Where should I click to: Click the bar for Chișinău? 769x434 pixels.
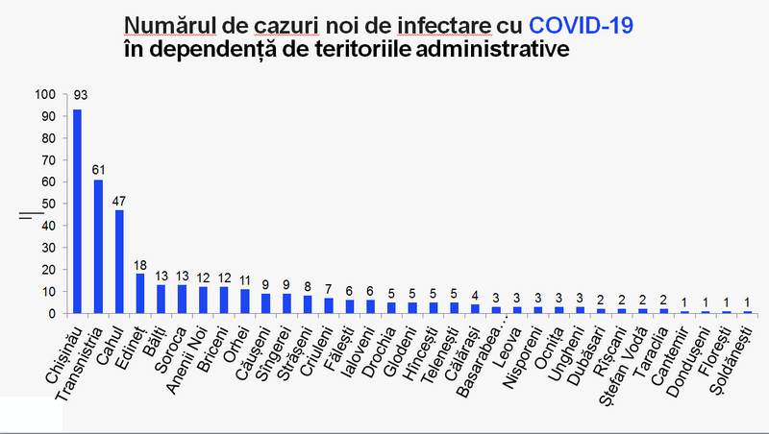pyautogui.click(x=77, y=211)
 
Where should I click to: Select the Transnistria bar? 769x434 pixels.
pyautogui.click(x=98, y=246)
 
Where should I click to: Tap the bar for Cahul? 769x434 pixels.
pyautogui.click(x=119, y=261)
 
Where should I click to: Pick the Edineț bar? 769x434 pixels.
pyautogui.click(x=140, y=293)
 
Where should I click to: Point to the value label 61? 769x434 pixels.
pyautogui.click(x=98, y=169)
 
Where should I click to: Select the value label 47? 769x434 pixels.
pyautogui.click(x=119, y=200)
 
